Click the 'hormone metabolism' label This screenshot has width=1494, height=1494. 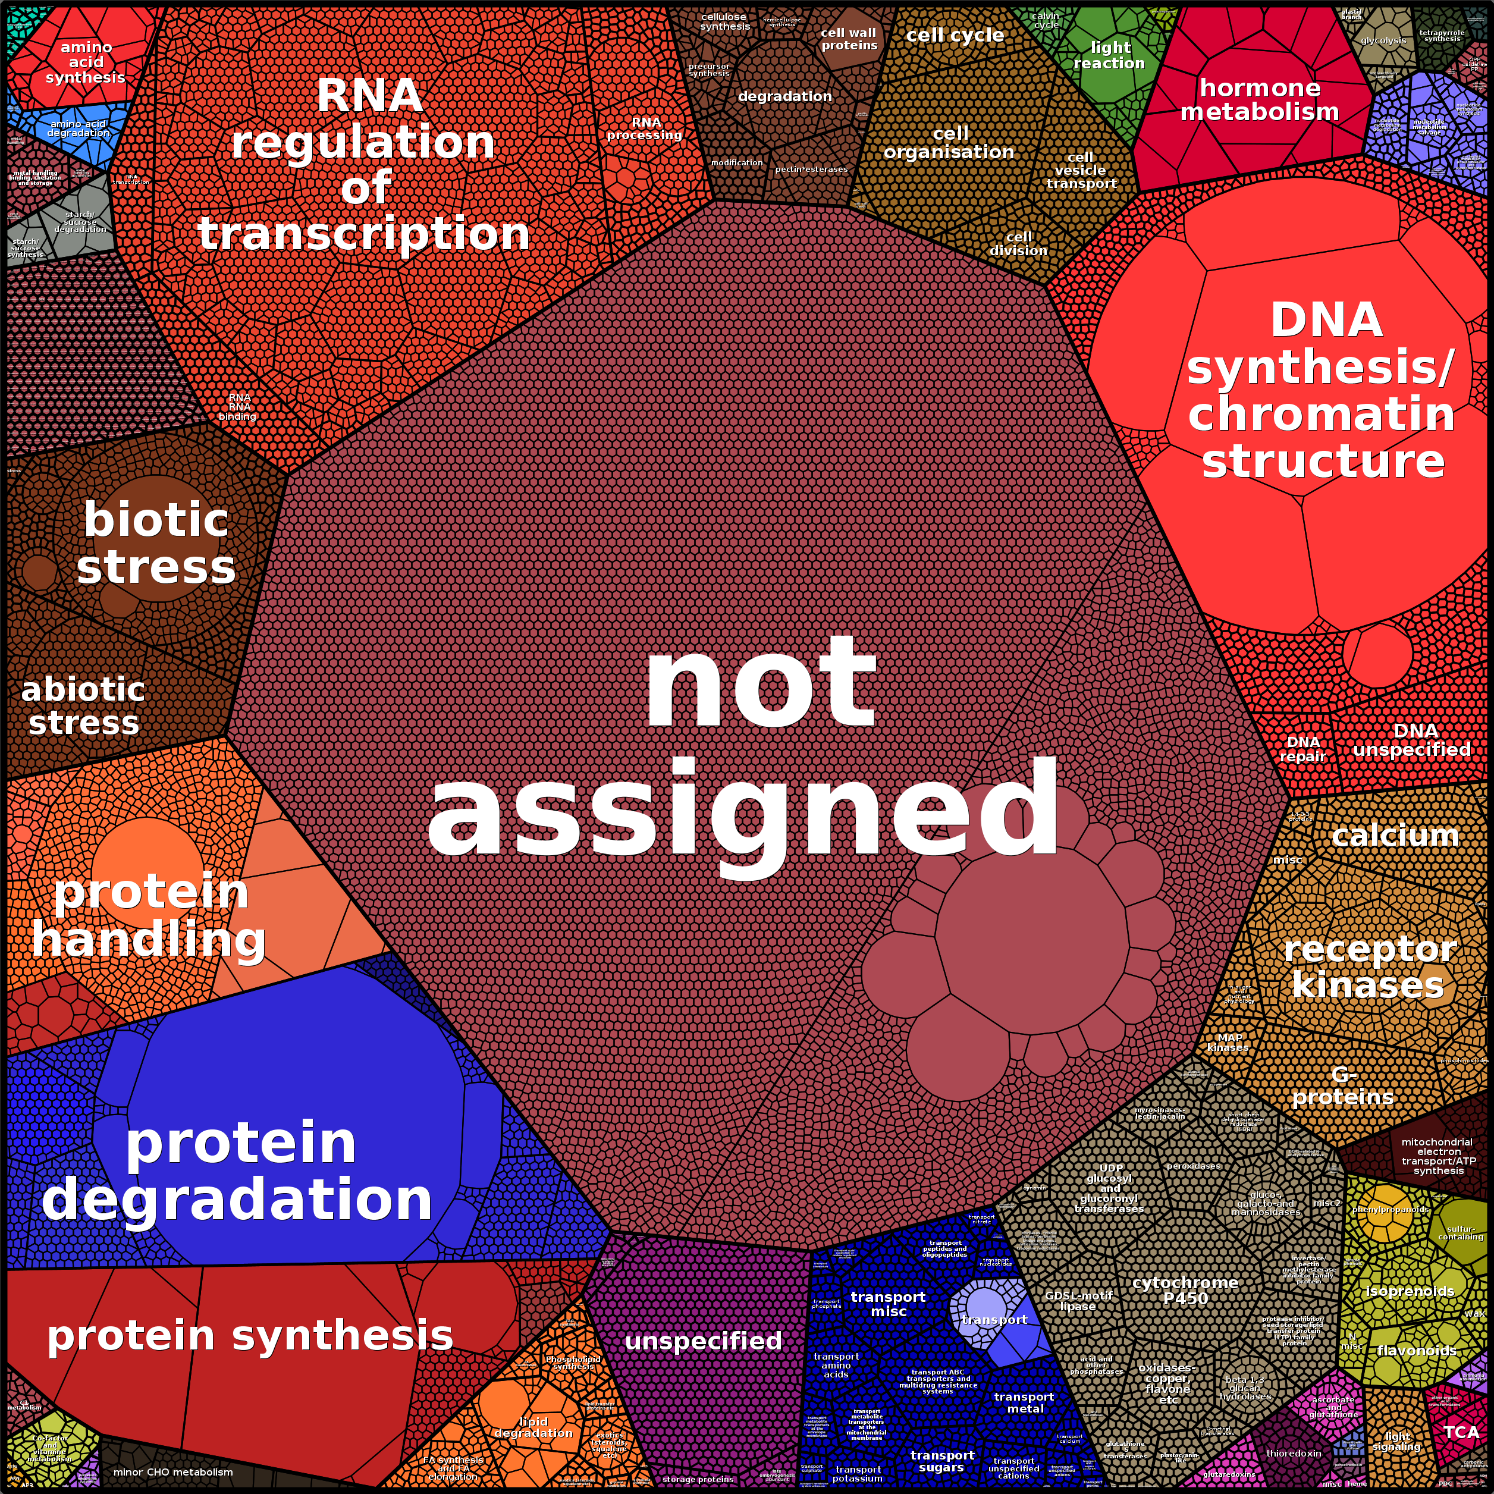[x=1259, y=100]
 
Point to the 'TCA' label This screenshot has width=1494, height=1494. [x=1461, y=1432]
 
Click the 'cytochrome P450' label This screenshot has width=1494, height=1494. [x=1185, y=1291]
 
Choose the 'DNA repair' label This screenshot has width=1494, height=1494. [x=1303, y=749]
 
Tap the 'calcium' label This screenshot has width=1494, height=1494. [x=1395, y=835]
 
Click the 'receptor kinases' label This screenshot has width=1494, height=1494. [x=1369, y=966]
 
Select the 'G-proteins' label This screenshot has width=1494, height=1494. [x=1343, y=1085]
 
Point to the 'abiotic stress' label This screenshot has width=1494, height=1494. [x=83, y=706]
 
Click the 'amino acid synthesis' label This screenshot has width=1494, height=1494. [x=86, y=62]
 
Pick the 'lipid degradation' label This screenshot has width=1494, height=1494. [x=533, y=1427]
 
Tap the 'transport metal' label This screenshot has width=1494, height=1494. [x=1024, y=1402]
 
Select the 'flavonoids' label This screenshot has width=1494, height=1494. [x=1417, y=1350]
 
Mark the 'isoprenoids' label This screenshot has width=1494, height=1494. [x=1409, y=1291]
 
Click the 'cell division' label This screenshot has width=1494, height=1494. [x=1018, y=244]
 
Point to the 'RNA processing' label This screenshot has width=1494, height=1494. [x=645, y=128]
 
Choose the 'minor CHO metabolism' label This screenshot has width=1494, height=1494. [x=172, y=1471]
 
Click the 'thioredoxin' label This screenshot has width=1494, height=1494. [x=1294, y=1453]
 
